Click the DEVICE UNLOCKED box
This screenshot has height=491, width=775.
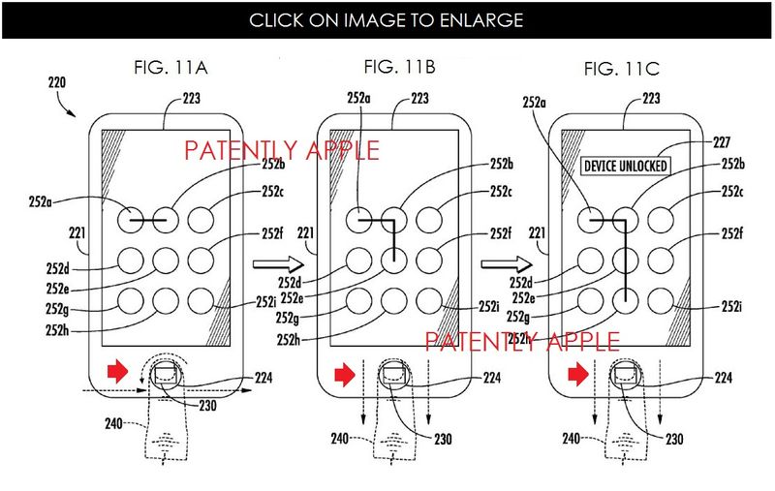[626, 166]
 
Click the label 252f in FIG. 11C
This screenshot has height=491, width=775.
[731, 234]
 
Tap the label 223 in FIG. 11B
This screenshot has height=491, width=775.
[419, 98]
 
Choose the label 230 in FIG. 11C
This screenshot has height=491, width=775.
[672, 439]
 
